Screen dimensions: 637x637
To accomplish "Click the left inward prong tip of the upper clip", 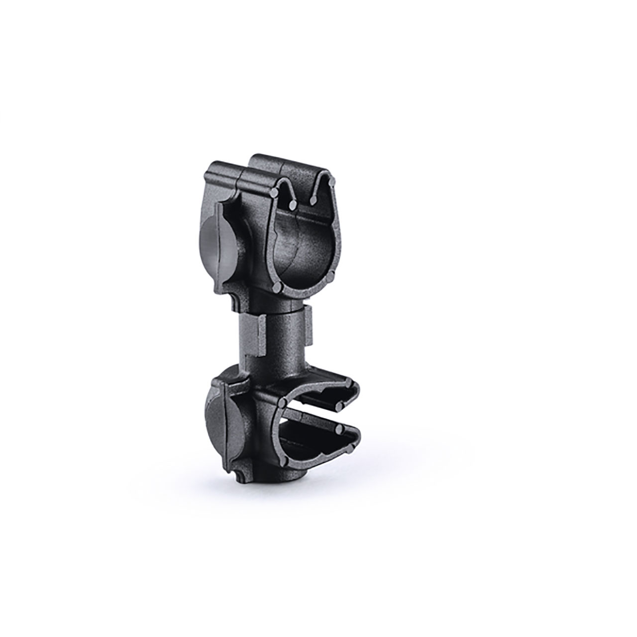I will [292, 205].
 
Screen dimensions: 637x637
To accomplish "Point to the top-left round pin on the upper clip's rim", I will [276, 191].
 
